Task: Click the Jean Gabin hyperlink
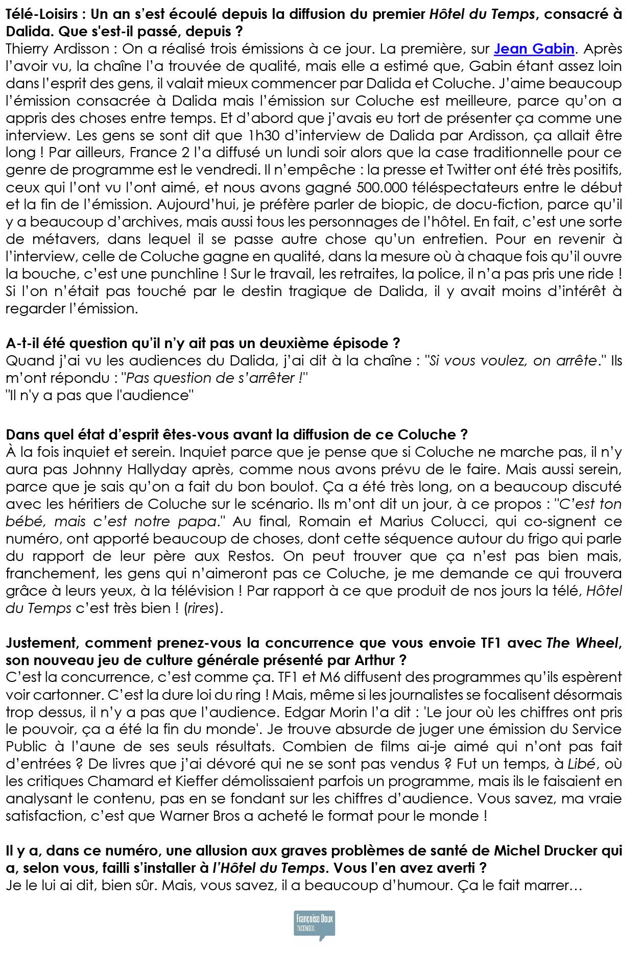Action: pos(534,49)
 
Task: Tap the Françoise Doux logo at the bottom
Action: pos(314,924)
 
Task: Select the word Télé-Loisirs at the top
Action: pos(41,14)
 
